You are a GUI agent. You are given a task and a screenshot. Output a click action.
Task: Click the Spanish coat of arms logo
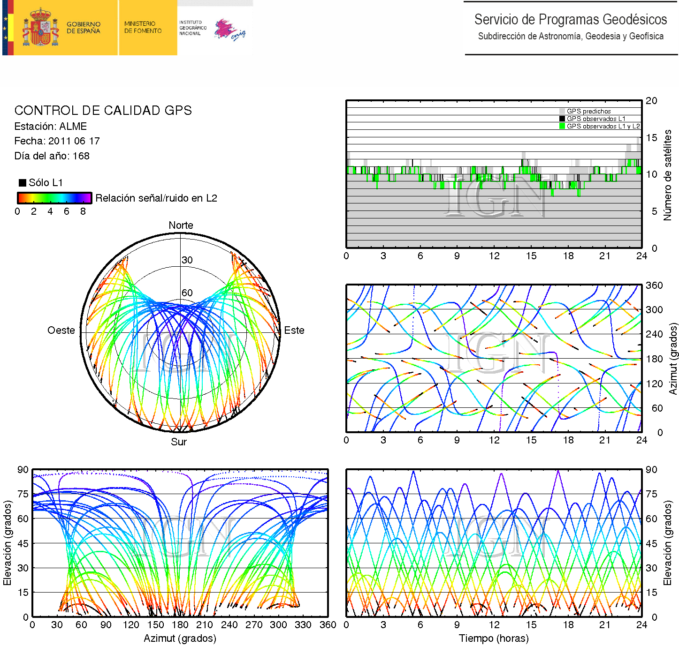(x=40, y=28)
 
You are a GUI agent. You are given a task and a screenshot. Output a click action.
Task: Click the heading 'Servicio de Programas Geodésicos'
(x=570, y=20)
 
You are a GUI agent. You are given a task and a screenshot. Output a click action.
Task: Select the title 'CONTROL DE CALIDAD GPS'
(x=103, y=111)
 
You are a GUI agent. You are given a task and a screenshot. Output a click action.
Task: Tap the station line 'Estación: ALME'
(x=51, y=127)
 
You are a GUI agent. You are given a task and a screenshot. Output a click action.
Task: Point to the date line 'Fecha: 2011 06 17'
(x=57, y=141)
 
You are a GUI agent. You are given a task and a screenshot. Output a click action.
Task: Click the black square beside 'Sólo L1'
(x=22, y=183)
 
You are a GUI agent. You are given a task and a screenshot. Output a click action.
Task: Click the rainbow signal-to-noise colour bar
(x=54, y=198)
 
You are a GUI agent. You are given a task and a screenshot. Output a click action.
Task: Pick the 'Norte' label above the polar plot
(x=181, y=225)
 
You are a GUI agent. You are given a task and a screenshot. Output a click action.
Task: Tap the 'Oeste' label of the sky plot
(x=61, y=331)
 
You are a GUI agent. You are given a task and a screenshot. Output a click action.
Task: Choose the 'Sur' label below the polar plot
(x=179, y=442)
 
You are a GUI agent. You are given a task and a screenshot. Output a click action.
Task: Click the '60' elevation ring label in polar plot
(x=187, y=293)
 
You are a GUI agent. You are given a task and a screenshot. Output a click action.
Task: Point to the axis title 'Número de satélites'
(x=667, y=175)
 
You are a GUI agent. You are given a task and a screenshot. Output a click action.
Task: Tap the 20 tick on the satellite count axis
(x=651, y=101)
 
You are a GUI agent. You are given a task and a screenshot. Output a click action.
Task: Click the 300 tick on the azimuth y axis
(x=654, y=310)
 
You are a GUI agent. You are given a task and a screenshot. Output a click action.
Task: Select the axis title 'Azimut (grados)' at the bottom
(x=180, y=638)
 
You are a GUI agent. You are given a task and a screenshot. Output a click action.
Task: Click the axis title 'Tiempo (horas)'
(x=494, y=638)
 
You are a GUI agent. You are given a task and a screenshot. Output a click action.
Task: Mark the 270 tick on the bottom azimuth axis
(x=254, y=625)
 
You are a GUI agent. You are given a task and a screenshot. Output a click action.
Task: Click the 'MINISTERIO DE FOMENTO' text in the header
(x=143, y=27)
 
